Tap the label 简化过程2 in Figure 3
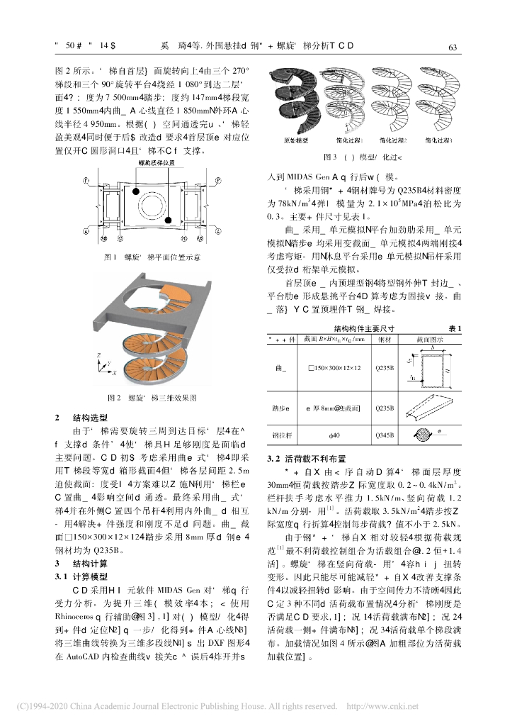[x=394, y=141]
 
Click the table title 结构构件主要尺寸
[x=364, y=328]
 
